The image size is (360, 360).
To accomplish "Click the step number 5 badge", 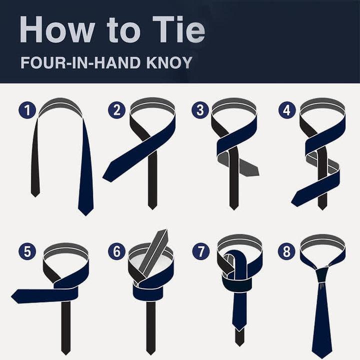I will [27, 251].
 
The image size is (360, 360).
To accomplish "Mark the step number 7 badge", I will [200, 251].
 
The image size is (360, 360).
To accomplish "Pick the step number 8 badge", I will [287, 251].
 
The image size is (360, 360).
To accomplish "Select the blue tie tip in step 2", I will [109, 175].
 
